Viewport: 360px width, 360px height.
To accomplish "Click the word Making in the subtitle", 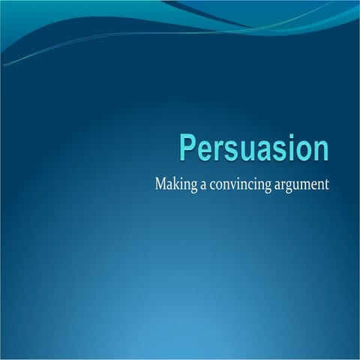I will click(172, 184).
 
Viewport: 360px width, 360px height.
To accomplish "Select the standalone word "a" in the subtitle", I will click(199, 184).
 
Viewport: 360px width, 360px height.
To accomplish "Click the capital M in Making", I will click(160, 183).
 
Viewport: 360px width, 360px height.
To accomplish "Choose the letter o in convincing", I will click(217, 184).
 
